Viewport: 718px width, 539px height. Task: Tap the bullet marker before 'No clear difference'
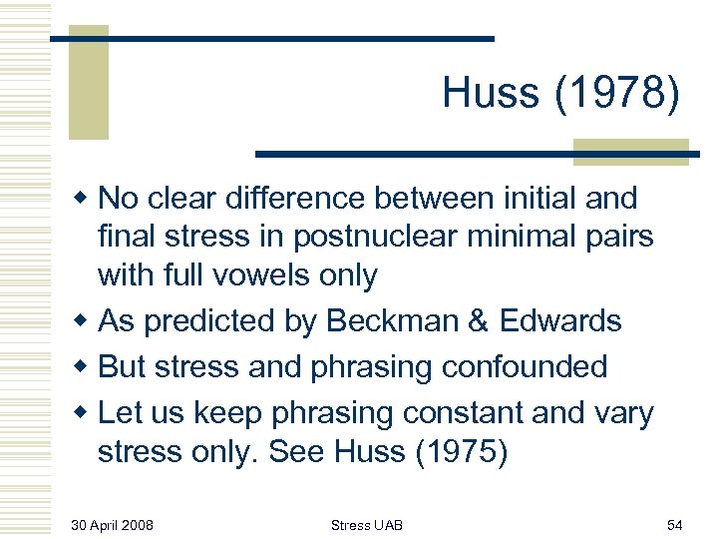click(x=87, y=199)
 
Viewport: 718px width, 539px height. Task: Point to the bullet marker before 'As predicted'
click(x=87, y=321)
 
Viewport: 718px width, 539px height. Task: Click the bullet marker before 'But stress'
click(x=87, y=366)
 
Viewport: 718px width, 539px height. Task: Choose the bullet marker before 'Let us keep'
click(x=87, y=411)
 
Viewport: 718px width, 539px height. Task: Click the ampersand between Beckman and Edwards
click(x=474, y=320)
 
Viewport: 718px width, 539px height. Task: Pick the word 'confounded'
click(x=521, y=366)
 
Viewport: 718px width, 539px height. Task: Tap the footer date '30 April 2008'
click(x=112, y=524)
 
